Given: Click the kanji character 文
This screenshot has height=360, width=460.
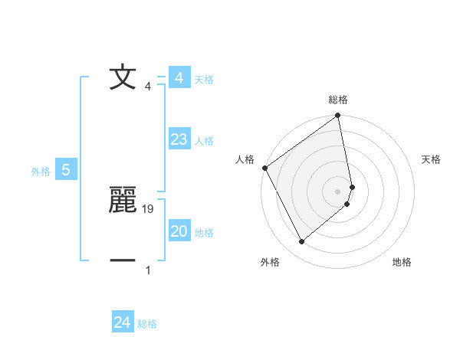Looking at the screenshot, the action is pos(123,78).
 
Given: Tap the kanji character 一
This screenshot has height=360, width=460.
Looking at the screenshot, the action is pos(123,260).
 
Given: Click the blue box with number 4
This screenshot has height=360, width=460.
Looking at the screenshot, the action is pos(179,78).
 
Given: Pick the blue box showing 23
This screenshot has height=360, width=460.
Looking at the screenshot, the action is pos(179,139).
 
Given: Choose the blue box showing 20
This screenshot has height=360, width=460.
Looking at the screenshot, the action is pos(179,231).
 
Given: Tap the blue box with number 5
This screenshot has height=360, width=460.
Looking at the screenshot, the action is pos(66,170).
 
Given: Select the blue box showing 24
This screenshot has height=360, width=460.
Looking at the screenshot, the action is pos(123,322).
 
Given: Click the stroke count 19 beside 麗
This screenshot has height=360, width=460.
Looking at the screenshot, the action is pos(149,208).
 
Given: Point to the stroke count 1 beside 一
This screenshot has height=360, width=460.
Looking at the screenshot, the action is pos(148,270).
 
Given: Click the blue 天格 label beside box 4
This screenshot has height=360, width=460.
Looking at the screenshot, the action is pos(204,80).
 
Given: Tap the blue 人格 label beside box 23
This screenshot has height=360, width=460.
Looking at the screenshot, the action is pos(204,141).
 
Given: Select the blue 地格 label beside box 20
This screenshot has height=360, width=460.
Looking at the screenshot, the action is pos(204,233).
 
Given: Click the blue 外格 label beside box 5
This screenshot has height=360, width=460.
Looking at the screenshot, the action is pos(41,172).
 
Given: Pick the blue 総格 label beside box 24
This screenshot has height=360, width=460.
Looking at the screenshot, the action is pos(147,324).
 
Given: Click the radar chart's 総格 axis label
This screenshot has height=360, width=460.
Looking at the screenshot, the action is pos(338,100).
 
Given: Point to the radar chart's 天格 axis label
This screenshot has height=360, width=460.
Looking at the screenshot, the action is pos(431,159).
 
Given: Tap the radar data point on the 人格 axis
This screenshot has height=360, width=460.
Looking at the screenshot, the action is pos(264,168).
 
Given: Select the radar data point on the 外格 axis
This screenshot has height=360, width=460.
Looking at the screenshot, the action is pos(301,242).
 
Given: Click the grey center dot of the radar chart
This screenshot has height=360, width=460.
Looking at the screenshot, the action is pos(338,191).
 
